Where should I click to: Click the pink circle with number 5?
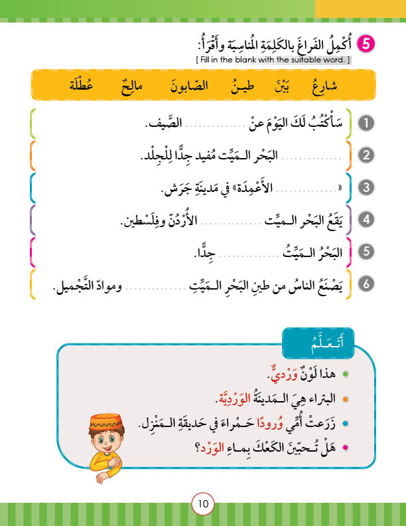[366, 44]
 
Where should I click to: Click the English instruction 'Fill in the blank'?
[273, 60]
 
